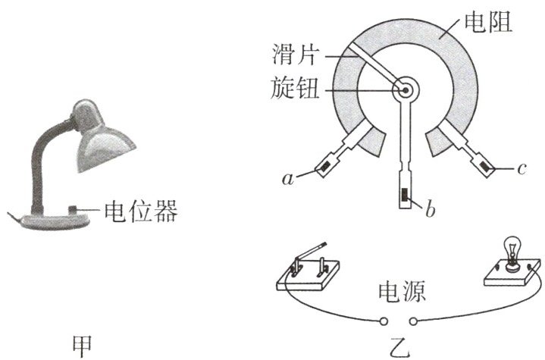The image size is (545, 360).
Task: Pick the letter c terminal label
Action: point(522,168)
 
